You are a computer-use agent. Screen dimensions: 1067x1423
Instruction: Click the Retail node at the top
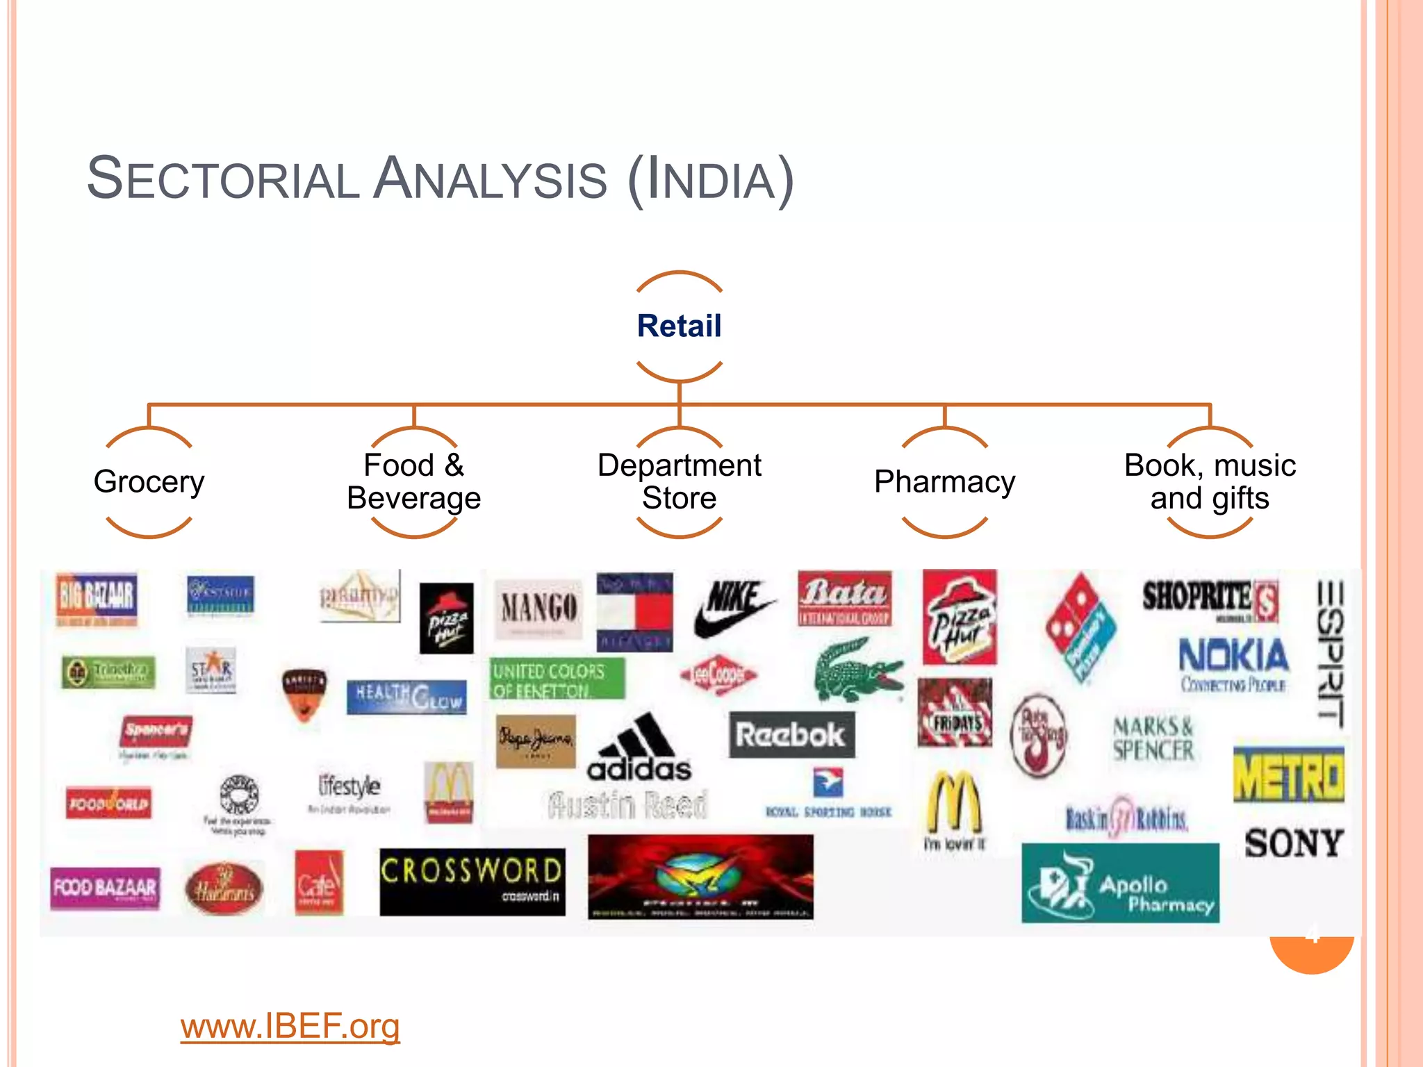point(679,326)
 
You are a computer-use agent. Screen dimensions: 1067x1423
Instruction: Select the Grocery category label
point(149,481)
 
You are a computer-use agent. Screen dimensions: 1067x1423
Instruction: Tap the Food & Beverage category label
point(413,481)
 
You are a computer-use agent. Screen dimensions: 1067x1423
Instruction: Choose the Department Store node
point(679,481)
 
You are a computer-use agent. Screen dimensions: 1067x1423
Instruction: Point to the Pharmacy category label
point(944,481)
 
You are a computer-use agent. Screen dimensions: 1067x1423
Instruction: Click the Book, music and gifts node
point(1210,481)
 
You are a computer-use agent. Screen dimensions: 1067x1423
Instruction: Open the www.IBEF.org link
point(290,1026)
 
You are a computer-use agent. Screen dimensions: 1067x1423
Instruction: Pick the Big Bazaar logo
point(97,598)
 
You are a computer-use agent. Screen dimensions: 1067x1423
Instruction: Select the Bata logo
point(844,598)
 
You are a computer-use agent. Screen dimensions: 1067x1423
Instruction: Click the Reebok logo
point(791,734)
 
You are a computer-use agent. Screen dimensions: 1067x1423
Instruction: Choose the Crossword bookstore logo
point(472,880)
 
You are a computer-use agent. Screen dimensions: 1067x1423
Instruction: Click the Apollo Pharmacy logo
point(1120,882)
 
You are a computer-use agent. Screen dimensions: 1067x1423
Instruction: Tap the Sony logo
point(1293,843)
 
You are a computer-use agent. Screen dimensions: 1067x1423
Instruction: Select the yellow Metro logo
point(1288,775)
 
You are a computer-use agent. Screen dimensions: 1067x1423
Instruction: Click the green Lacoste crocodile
point(857,670)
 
